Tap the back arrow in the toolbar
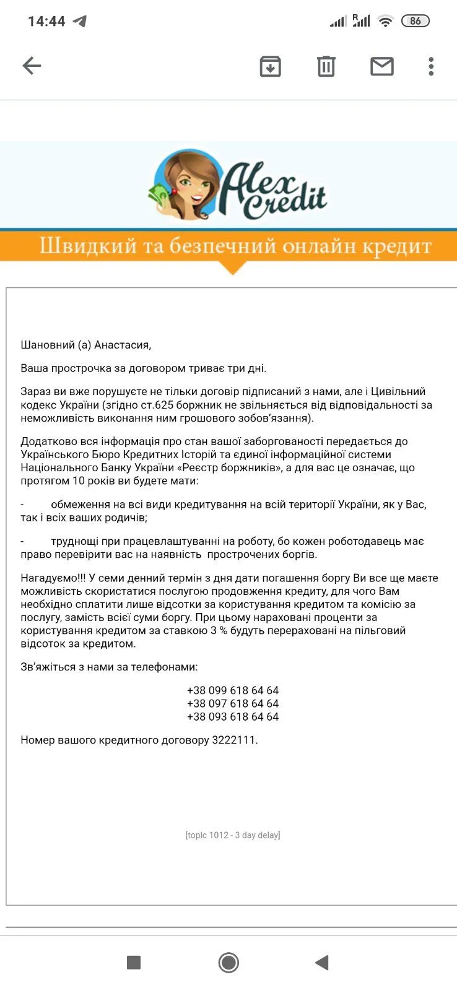[32, 66]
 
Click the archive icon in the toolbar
[270, 66]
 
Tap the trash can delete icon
[326, 66]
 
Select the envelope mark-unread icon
[381, 66]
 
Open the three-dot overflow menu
[431, 66]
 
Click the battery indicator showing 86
[415, 21]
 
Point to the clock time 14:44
[46, 22]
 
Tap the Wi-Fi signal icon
[385, 21]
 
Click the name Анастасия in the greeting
[122, 345]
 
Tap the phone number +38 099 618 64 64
[233, 690]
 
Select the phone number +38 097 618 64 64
[233, 703]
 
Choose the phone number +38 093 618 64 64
[233, 716]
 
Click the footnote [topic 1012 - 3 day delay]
[233, 835]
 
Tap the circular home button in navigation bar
[228, 963]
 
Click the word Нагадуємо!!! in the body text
[53, 578]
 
